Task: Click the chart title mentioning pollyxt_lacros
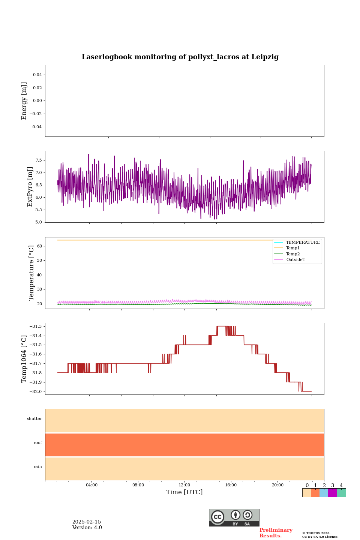point(180,57)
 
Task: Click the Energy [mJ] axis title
point(24,101)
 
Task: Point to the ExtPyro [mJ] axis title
point(30,187)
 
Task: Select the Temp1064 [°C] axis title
point(24,359)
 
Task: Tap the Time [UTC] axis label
point(184,492)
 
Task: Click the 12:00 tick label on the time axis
point(184,485)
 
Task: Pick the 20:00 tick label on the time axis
point(277,485)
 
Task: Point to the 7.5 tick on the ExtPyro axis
point(38,160)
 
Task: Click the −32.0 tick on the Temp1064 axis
point(36,391)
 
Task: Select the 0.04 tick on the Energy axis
point(37,75)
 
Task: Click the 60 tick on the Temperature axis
point(39,246)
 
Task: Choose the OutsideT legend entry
point(295,260)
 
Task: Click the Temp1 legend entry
point(292,248)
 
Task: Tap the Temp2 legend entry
point(292,254)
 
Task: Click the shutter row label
point(34,419)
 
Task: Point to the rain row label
point(38,467)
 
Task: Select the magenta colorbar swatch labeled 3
point(332,493)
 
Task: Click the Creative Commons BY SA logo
point(234,517)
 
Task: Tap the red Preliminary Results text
point(276,533)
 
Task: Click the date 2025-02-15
point(87,522)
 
